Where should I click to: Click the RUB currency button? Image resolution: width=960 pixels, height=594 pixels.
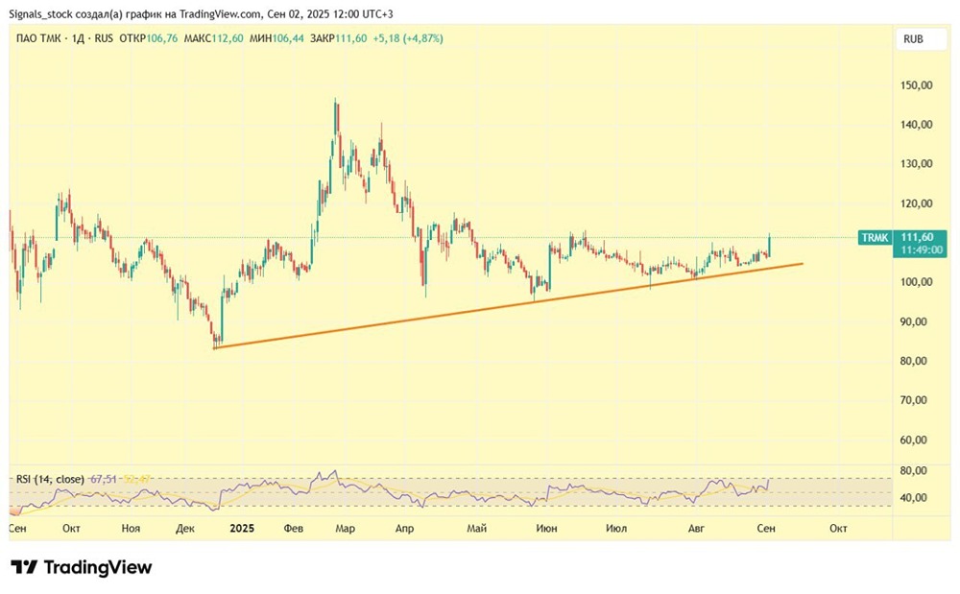(913, 39)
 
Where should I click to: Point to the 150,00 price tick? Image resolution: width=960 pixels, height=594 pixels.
(917, 85)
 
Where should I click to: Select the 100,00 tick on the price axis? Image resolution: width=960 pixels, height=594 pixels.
(917, 282)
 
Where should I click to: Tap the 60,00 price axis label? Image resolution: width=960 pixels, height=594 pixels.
(917, 440)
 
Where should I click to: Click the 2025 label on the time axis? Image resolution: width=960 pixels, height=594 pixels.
(243, 528)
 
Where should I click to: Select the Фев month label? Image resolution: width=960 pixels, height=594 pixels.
(295, 528)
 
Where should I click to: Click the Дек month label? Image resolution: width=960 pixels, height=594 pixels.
(186, 528)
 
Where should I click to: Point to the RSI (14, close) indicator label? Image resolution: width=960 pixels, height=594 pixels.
(50, 478)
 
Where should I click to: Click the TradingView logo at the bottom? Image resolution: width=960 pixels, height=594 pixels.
(82, 567)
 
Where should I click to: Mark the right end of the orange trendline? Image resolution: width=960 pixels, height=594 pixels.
(803, 263)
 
